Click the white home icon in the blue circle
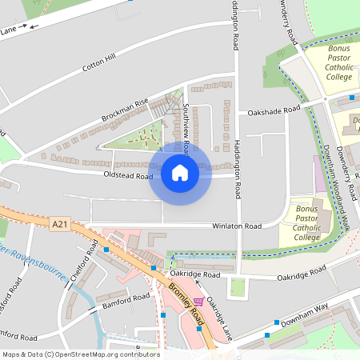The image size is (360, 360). [x=180, y=172]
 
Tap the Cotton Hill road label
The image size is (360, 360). [x=99, y=63]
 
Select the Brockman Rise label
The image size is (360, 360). [x=125, y=111]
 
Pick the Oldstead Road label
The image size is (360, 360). [x=127, y=176]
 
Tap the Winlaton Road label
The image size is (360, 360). [x=237, y=226]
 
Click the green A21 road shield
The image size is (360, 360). [x=60, y=226]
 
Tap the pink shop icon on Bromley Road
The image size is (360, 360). [x=198, y=301]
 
